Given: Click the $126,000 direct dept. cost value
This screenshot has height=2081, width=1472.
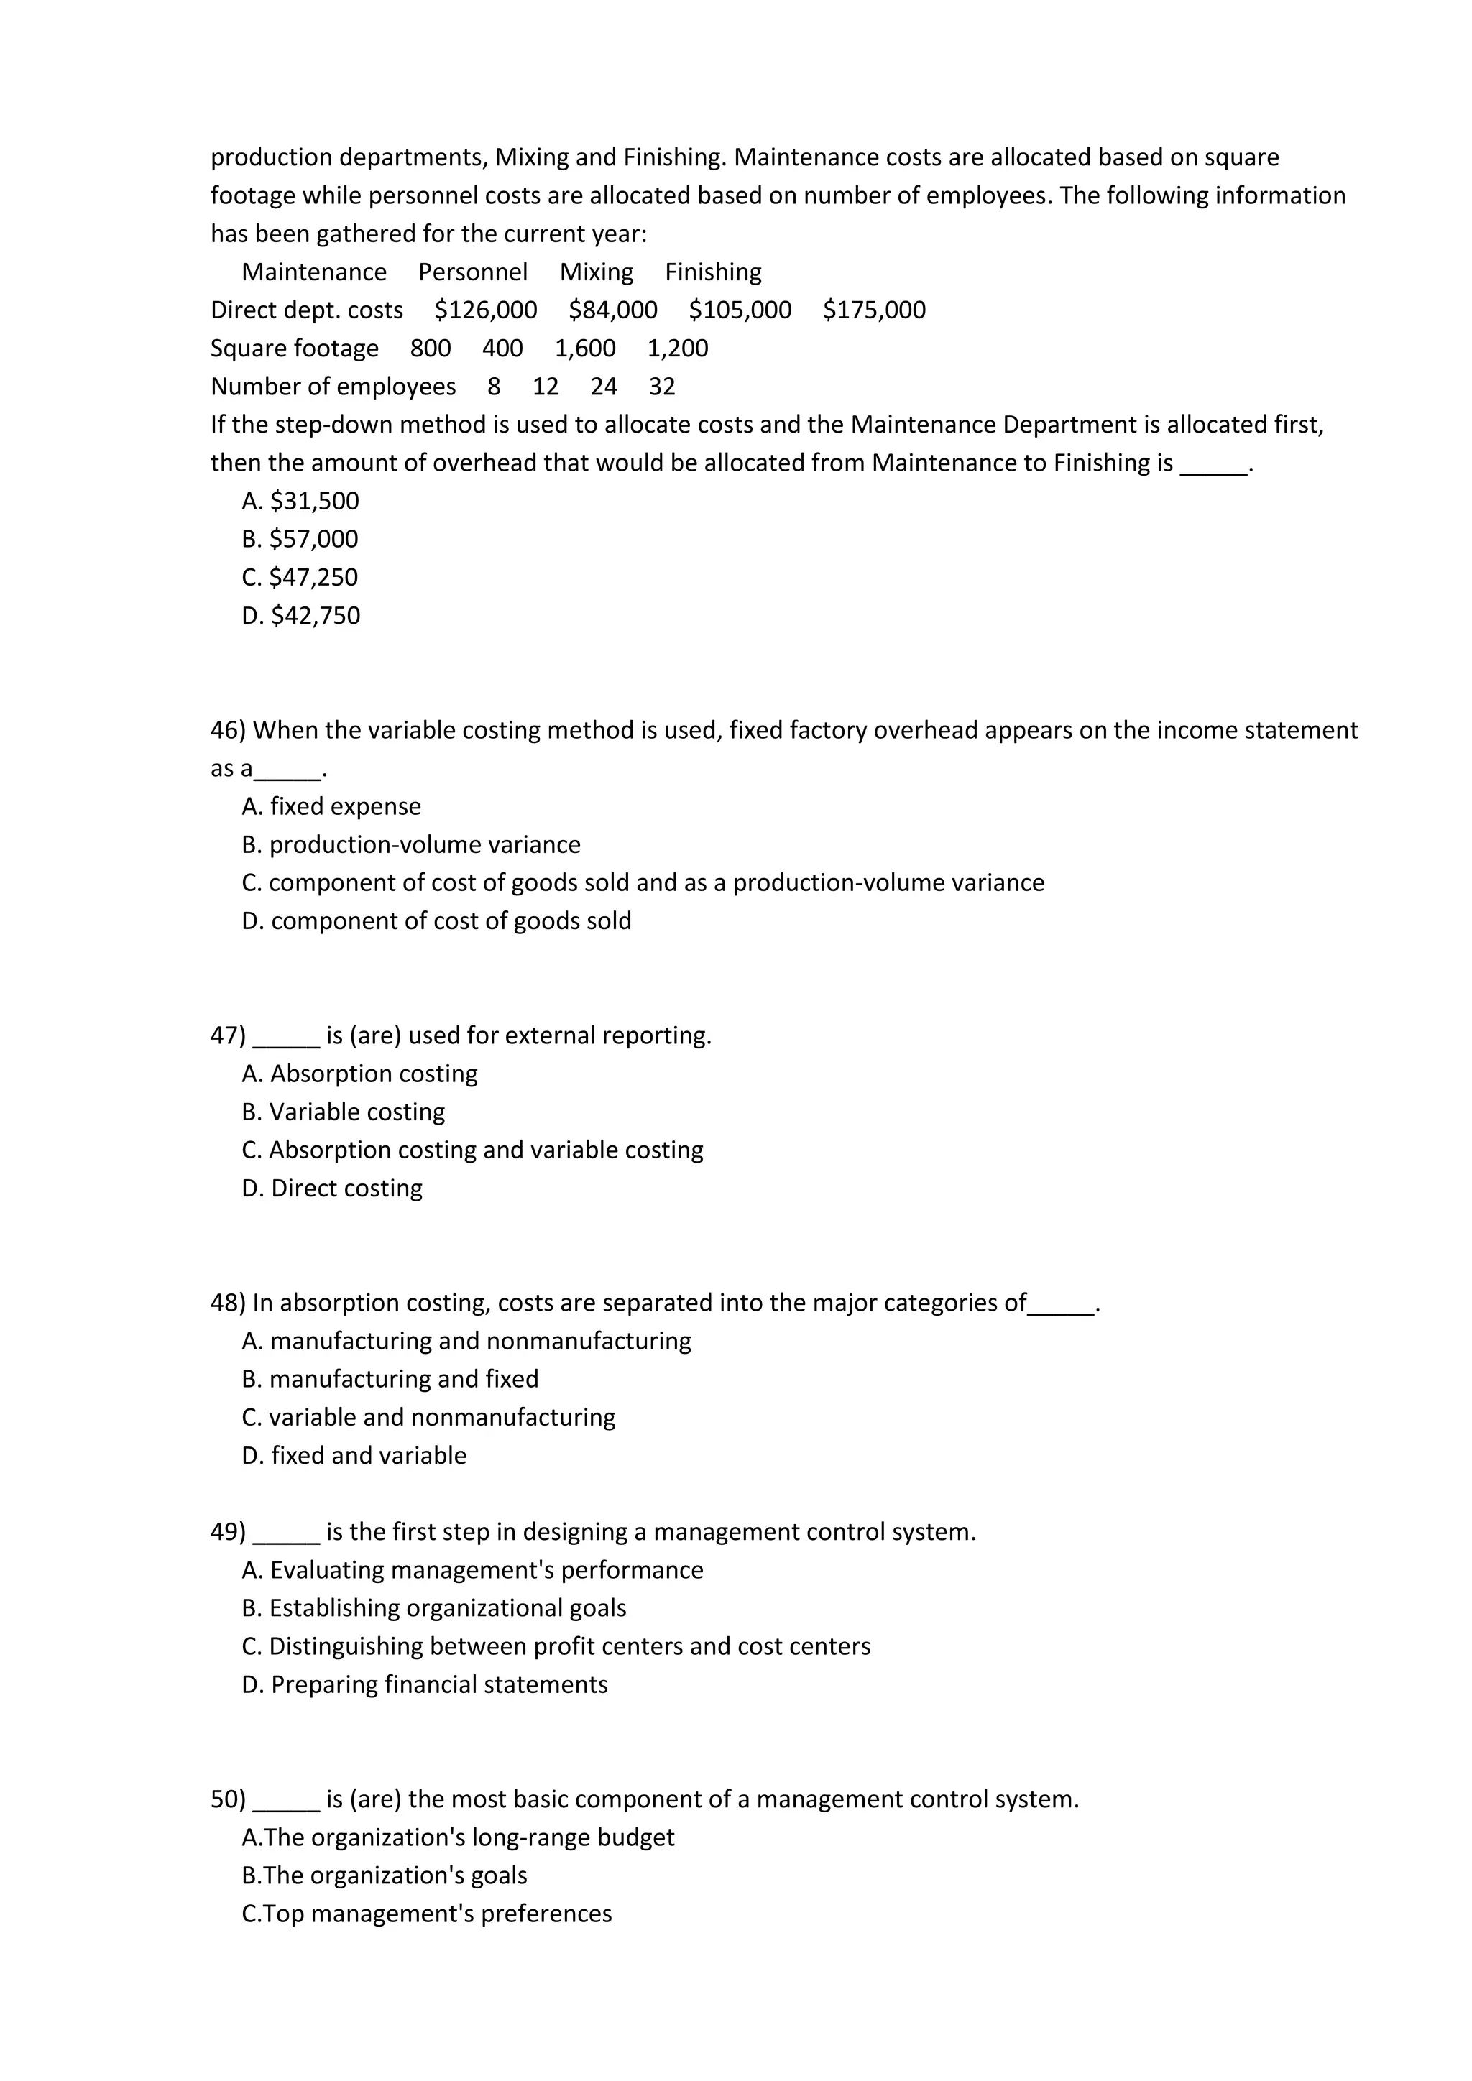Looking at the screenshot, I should pyautogui.click(x=485, y=310).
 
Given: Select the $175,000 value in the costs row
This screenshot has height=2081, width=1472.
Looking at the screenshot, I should pyautogui.click(x=874, y=310).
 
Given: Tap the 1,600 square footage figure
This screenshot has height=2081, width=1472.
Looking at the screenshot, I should pyautogui.click(x=584, y=348).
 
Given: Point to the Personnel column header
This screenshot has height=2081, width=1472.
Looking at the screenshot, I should pyautogui.click(x=472, y=272).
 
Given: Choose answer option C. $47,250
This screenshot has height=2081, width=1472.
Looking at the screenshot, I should pyautogui.click(x=300, y=577).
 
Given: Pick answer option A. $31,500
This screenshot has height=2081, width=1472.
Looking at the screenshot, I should pyautogui.click(x=300, y=502).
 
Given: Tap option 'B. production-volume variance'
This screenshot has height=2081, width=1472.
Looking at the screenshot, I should pyautogui.click(x=410, y=845).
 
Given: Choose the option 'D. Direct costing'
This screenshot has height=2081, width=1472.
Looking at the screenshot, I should pyautogui.click(x=332, y=1189).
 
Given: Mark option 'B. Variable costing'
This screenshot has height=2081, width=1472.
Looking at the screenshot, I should pyautogui.click(x=344, y=1112).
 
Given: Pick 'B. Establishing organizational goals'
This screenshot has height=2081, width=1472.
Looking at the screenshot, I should pyautogui.click(x=434, y=1608).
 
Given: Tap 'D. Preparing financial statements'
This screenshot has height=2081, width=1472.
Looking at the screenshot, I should pyautogui.click(x=424, y=1684).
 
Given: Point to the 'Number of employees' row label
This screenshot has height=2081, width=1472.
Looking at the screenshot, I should pyautogui.click(x=333, y=387).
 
